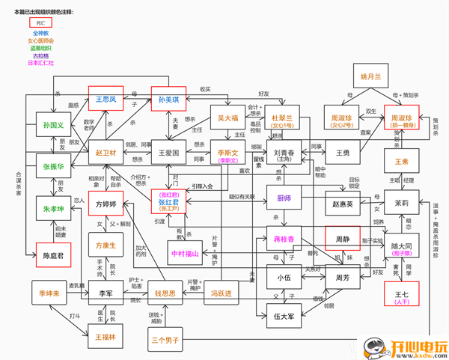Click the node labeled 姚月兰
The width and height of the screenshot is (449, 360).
pyautogui.click(x=370, y=76)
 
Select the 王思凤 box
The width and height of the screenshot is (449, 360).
pyautogui.click(x=108, y=99)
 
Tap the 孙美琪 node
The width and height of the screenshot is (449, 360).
pyautogui.click(x=169, y=100)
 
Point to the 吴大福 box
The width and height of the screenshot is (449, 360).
pyautogui.click(x=227, y=118)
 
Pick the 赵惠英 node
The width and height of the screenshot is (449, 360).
pyautogui.click(x=343, y=203)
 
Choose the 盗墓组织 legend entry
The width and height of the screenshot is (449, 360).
pyautogui.click(x=40, y=48)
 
